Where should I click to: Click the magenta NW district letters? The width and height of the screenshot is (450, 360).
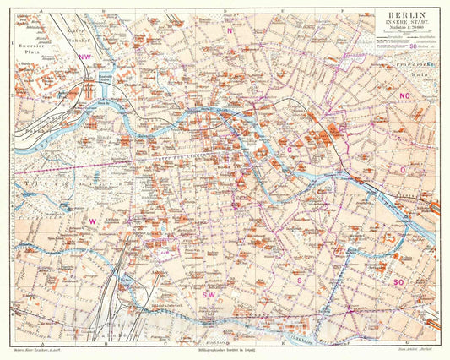84,56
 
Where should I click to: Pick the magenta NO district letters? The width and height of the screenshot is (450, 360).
405,96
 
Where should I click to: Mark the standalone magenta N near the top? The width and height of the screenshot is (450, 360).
230,30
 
